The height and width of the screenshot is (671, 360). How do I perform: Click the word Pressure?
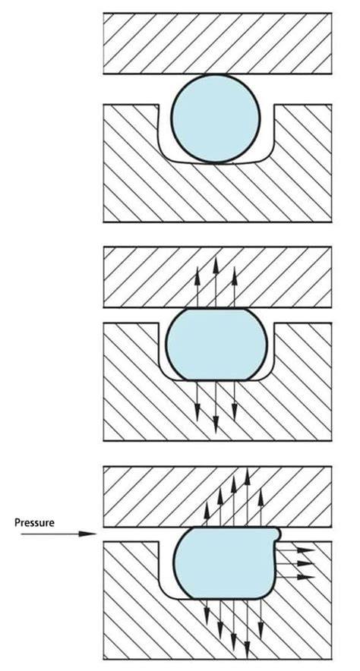34,522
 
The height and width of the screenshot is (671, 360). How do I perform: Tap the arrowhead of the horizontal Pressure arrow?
88,534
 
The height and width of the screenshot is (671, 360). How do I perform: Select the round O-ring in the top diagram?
215,118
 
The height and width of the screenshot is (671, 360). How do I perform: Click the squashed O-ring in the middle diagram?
216,344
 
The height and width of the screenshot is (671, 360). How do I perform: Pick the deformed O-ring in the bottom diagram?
227,562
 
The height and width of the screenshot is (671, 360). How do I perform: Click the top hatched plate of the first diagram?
217,43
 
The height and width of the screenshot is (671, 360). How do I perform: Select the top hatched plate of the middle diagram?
217,277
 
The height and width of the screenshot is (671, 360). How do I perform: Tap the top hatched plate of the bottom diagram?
217,496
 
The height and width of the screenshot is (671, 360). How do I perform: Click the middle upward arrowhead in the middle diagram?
216,266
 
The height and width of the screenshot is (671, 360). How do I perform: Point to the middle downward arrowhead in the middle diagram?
216,424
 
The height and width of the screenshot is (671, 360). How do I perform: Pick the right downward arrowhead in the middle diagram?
234,412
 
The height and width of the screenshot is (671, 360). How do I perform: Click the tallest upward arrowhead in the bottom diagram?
248,476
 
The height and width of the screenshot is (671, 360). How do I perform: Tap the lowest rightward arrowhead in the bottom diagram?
305,577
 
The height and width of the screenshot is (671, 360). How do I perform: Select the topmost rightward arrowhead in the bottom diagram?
305,550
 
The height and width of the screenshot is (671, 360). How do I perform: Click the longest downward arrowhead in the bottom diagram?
248,649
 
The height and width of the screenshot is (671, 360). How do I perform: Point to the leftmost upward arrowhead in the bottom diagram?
207,511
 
